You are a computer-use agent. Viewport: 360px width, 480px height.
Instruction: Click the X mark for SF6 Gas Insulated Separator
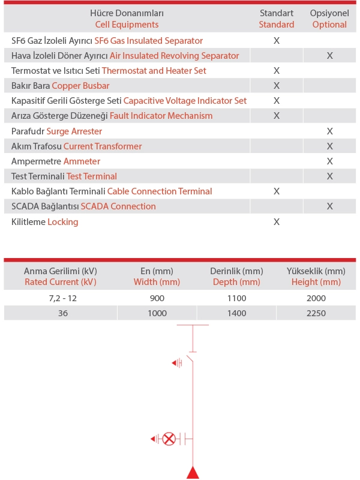click(x=277, y=41)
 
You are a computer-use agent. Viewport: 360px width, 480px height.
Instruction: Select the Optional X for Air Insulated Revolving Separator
click(x=329, y=56)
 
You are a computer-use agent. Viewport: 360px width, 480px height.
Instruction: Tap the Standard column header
click(x=277, y=19)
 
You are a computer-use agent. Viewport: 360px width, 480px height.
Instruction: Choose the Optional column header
click(x=329, y=19)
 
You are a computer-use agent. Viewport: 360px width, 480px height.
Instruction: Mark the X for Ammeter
click(x=329, y=161)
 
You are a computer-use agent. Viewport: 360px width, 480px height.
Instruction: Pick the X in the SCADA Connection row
click(x=329, y=206)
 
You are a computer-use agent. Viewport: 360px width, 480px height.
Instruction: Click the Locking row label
click(x=45, y=222)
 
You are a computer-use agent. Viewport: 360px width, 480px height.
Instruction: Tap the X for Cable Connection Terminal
click(x=277, y=191)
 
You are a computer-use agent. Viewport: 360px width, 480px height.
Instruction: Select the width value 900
click(x=157, y=298)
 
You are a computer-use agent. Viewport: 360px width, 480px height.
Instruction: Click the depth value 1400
click(x=236, y=313)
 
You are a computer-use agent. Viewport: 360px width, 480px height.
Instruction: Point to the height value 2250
click(x=316, y=313)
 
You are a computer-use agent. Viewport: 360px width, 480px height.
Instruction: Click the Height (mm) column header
click(x=316, y=277)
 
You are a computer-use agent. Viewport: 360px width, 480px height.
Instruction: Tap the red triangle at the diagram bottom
click(x=193, y=472)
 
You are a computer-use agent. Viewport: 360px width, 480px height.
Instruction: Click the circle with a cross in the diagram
click(x=169, y=439)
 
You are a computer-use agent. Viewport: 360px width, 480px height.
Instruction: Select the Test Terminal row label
click(x=64, y=176)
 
